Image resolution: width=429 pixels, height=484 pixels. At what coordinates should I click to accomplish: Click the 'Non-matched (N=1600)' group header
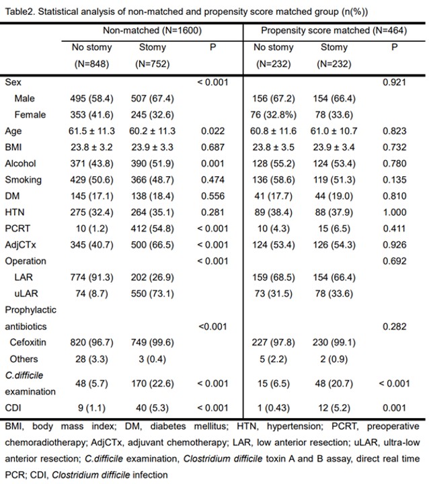(152, 31)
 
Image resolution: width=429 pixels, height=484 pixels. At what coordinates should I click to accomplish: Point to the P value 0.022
(212, 131)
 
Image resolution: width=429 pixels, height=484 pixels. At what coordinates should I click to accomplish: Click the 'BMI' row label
(13, 147)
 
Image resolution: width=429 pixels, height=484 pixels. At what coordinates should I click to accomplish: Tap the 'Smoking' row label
(22, 179)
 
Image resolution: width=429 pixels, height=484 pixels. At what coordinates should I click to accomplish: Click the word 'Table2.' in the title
(19, 11)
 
